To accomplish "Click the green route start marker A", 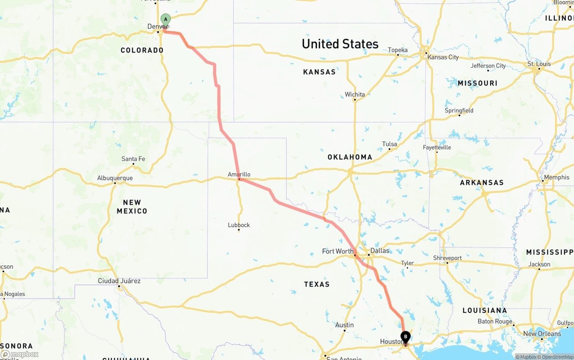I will coord(166,19).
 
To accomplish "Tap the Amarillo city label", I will coord(239,174).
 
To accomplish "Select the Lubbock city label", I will coord(239,225).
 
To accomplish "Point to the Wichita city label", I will coord(355,95).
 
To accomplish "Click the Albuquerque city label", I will coord(115,178).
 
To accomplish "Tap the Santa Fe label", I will coord(133,159).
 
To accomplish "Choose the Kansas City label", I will coord(443,57).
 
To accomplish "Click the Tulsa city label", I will coord(389,144).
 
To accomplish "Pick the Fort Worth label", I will coord(338,251).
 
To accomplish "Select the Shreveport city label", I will coord(447,258).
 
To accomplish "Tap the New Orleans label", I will coord(542,334).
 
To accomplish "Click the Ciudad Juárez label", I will coord(119,281).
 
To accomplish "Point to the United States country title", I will coord(340,44).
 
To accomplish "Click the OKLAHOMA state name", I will coord(350,157).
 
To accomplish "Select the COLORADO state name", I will coord(142,50).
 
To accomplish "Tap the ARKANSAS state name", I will coord(482,182).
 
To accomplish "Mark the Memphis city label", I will coord(557,178).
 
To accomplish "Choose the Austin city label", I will coord(344,325).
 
